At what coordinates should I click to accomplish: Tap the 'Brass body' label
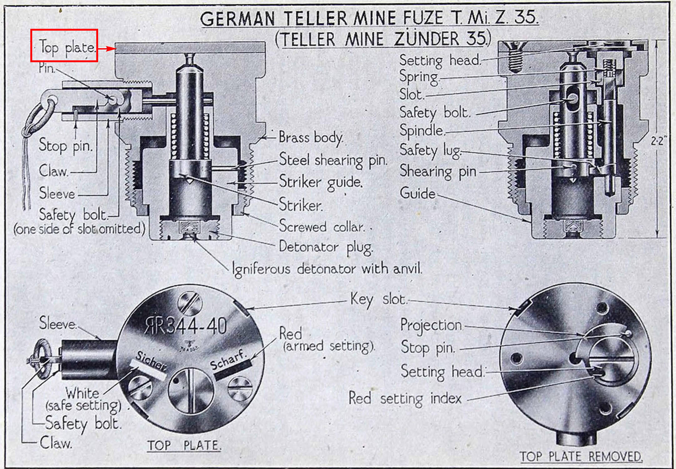[x=311, y=138]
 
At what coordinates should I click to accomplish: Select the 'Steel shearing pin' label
[x=333, y=160]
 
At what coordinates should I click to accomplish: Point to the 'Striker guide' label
[x=321, y=182]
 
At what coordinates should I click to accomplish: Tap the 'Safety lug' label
[x=430, y=151]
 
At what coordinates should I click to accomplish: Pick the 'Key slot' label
[x=378, y=300]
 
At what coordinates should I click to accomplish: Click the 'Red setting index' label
[x=405, y=399]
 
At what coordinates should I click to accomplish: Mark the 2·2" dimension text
[x=658, y=141]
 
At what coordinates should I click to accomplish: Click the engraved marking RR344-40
[x=186, y=326]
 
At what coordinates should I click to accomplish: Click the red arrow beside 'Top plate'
[x=107, y=49]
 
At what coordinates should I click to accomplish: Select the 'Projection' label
[x=431, y=325]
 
